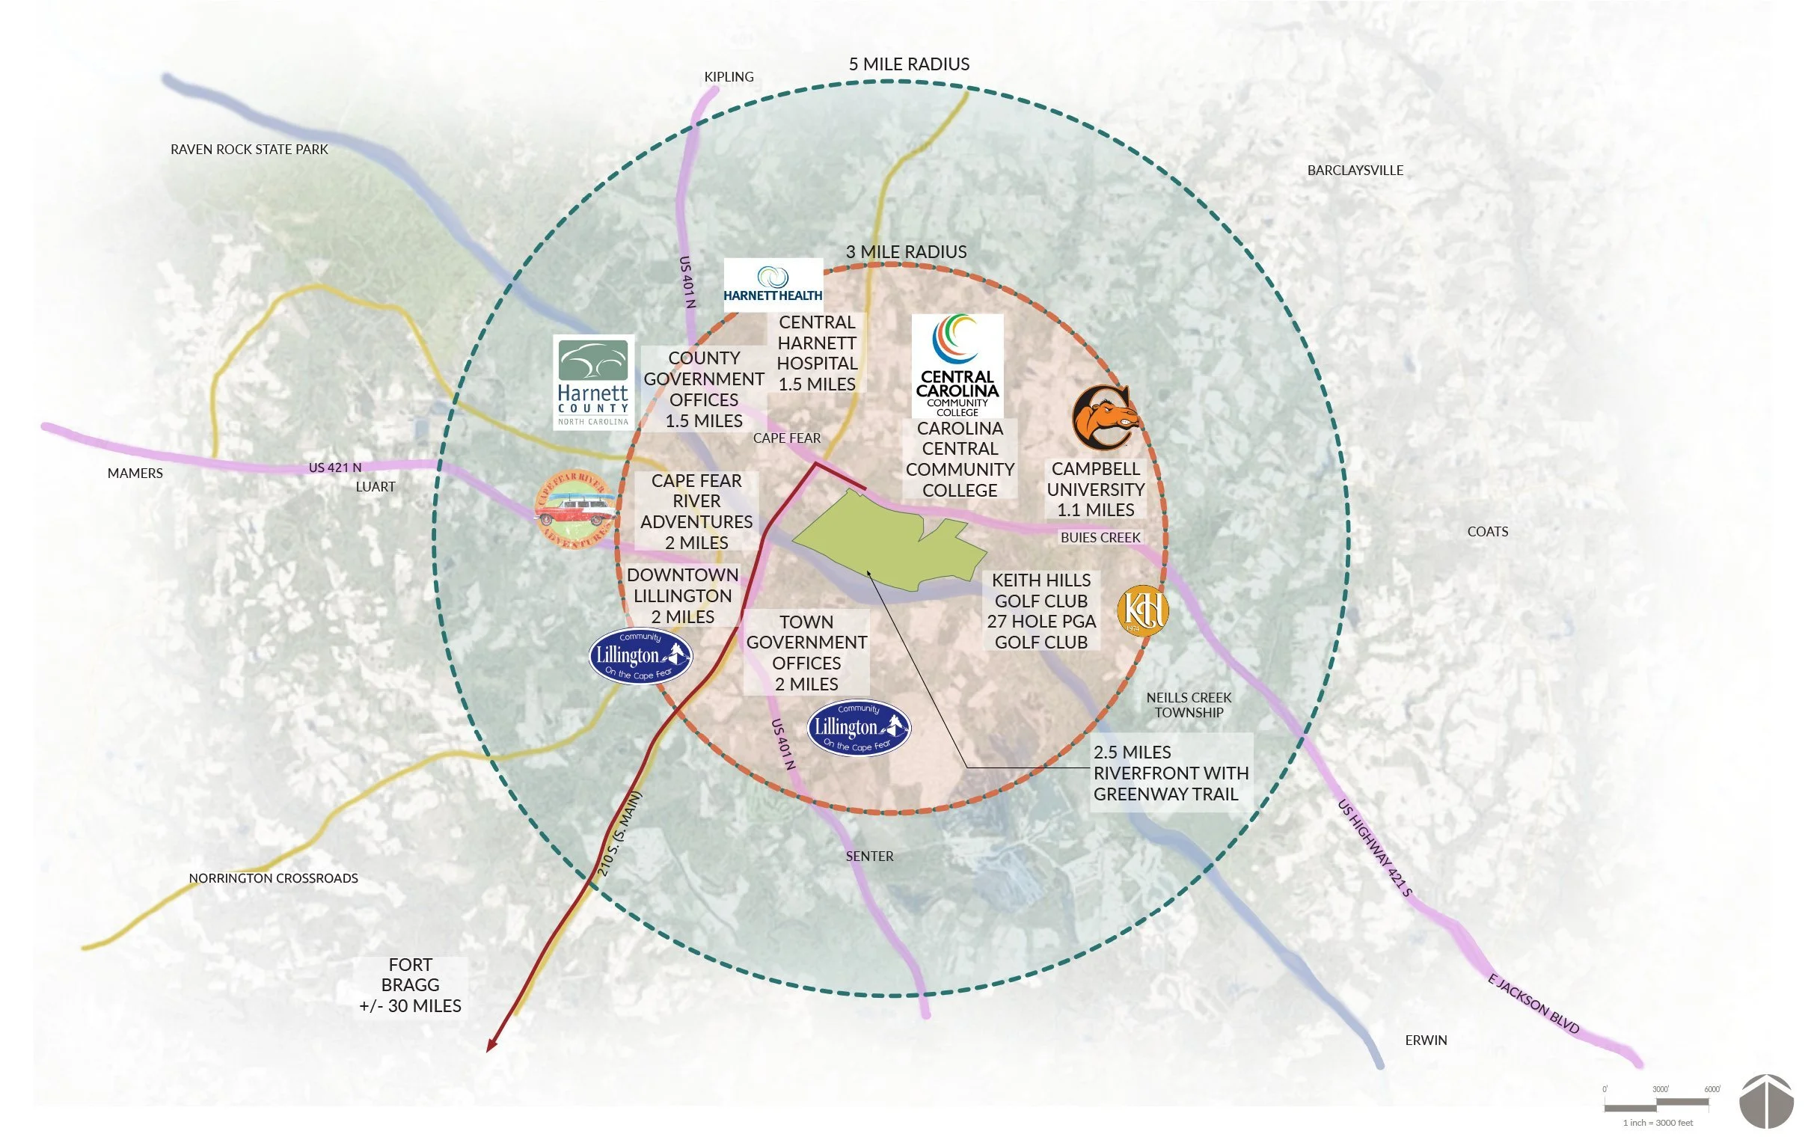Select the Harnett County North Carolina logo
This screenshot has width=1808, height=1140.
click(x=593, y=381)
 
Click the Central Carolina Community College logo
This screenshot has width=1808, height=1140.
click(x=957, y=366)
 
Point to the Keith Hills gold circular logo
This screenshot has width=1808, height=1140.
click(x=1142, y=610)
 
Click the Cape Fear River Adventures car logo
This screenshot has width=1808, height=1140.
click(x=575, y=509)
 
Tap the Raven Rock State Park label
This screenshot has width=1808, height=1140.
click(x=249, y=150)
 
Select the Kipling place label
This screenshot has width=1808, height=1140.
click(x=729, y=76)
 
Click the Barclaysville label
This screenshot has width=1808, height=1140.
click(x=1355, y=171)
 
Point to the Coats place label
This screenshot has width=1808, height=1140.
click(x=1487, y=532)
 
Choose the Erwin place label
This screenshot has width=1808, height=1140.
click(x=1426, y=1040)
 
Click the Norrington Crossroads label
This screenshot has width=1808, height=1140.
click(x=273, y=878)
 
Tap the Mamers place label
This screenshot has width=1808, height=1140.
click(x=135, y=473)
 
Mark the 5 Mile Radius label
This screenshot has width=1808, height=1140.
click(x=909, y=64)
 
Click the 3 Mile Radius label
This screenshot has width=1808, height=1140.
click(x=907, y=252)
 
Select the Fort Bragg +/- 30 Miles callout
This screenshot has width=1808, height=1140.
click(x=410, y=985)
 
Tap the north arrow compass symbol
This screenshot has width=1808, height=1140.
click(x=1767, y=1101)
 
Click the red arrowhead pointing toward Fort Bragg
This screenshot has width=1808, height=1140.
click(x=491, y=1046)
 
